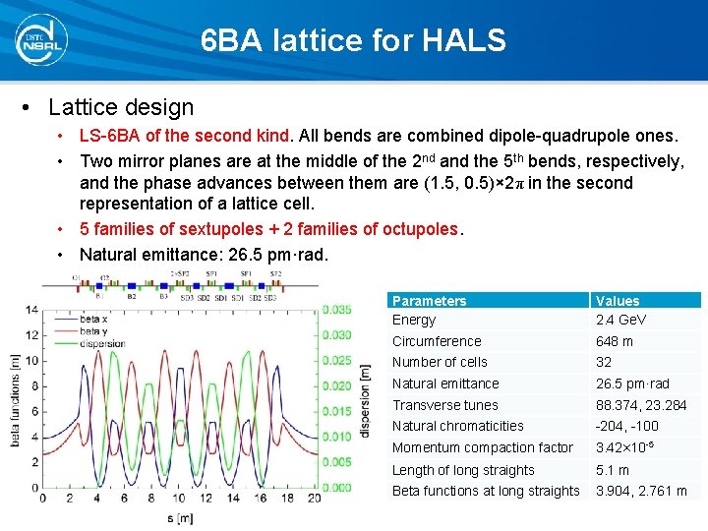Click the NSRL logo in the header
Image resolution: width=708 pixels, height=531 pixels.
[40, 39]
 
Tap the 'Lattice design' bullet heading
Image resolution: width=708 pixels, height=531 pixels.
[121, 106]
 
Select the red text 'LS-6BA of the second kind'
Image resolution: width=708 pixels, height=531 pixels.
[185, 136]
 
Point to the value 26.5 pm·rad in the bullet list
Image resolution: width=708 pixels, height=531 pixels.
[285, 254]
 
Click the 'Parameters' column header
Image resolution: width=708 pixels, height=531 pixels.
[429, 301]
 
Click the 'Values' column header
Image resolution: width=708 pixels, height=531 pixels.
[618, 301]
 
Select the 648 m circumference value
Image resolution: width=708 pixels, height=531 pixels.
[615, 341]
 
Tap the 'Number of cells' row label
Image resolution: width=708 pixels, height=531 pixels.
[440, 362]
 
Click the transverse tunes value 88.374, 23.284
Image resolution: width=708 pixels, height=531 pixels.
[641, 405]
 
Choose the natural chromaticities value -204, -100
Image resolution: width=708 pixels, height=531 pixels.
[627, 426]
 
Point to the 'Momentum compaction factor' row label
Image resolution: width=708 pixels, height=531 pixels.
[482, 447]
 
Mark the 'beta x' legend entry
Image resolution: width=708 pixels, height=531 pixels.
[94, 320]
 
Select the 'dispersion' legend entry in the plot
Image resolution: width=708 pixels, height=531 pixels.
[102, 344]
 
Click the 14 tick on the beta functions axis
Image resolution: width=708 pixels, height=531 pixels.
[31, 310]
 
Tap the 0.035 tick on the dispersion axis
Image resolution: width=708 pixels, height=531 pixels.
[336, 310]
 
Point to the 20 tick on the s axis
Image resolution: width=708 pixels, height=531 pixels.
[313, 498]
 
